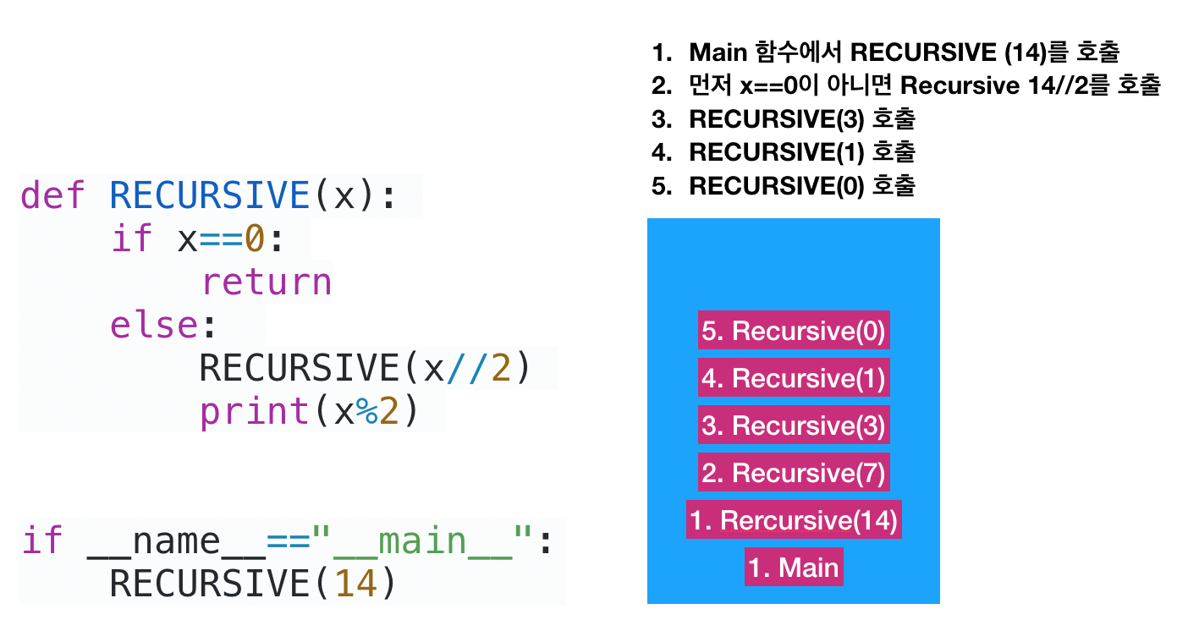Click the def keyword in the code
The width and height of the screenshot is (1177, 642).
[52, 195]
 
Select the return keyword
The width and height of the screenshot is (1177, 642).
[267, 282]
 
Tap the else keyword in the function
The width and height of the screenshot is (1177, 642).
[154, 325]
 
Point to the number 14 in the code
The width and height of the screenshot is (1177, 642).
[355, 583]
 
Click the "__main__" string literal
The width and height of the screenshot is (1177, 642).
[421, 541]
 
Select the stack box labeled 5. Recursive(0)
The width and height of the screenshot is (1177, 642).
[794, 330]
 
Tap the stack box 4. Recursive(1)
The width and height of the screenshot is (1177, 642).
[794, 377]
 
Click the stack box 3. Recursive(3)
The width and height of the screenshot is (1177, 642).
[794, 425]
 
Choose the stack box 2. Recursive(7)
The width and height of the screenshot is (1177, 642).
[794, 472]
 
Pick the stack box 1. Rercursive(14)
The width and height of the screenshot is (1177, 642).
[794, 519]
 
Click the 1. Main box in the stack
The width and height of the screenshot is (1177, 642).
[794, 567]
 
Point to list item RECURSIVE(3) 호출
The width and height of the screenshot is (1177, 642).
[802, 118]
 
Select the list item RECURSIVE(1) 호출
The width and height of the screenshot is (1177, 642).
[802, 152]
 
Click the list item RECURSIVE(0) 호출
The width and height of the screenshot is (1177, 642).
[802, 186]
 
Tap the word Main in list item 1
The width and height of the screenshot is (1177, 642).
[718, 52]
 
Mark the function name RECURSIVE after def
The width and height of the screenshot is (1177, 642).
[210, 195]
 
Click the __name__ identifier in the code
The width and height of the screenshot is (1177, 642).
[177, 541]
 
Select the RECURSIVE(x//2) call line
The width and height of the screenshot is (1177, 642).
[366, 368]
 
